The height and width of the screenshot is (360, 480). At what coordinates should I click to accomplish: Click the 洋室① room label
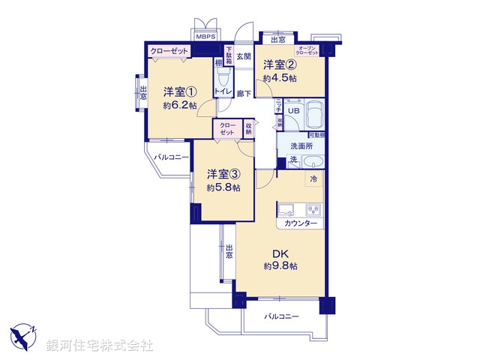(180, 92)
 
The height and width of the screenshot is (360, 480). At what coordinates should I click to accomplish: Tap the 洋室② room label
(279, 65)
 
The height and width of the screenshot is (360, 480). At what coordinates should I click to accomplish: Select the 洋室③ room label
(223, 175)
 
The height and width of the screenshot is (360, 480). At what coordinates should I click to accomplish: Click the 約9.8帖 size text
(280, 266)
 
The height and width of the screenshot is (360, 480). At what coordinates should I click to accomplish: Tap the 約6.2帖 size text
(180, 106)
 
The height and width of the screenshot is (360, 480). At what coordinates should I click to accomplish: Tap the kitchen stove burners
(313, 209)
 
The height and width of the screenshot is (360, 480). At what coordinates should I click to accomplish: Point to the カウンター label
(301, 224)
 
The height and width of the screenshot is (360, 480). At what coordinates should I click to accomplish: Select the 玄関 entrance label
(244, 56)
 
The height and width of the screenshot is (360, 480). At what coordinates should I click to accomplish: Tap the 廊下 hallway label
(244, 94)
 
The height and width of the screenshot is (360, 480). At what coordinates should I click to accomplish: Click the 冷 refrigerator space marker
(313, 179)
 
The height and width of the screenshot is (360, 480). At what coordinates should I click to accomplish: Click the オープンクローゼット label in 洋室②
(308, 50)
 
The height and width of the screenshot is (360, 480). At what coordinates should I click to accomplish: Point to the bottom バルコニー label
(281, 317)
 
